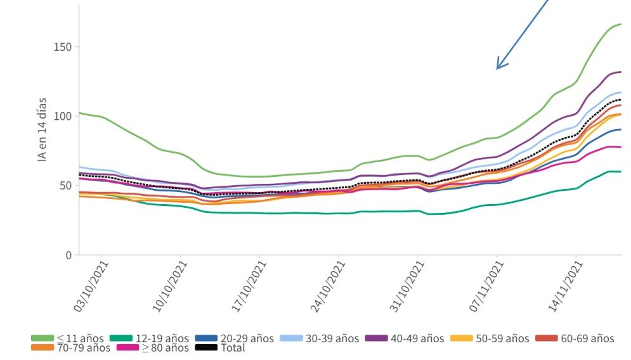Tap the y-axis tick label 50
64,186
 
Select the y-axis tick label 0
67,255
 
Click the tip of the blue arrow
497,68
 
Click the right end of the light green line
621,24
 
